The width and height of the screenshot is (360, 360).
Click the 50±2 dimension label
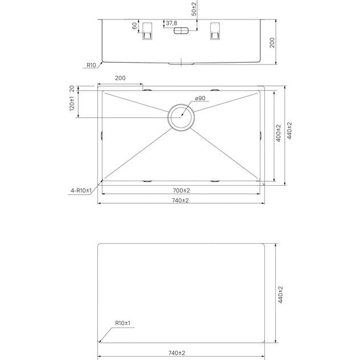click(x=194, y=9)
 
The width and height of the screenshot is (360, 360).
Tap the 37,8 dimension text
click(x=171, y=23)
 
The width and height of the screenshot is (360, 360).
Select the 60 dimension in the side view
click(x=134, y=26)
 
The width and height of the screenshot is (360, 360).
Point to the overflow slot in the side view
click(x=181, y=31)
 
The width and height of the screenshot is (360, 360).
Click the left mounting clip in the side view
click(x=147, y=31)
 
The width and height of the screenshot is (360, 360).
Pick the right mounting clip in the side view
click(x=215, y=31)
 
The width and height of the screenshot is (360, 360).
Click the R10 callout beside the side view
click(x=91, y=65)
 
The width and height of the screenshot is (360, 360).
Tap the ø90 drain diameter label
click(x=200, y=99)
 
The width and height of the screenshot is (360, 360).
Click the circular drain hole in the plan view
click(x=181, y=117)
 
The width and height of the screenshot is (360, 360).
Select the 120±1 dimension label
click(x=72, y=104)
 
